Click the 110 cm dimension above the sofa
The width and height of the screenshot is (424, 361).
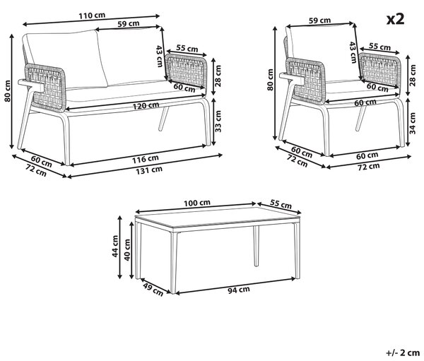coord(92,16)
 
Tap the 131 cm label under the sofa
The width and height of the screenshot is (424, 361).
coord(149,170)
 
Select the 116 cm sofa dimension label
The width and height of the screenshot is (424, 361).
coord(145,159)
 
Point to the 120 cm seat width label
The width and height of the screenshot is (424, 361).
coord(146,106)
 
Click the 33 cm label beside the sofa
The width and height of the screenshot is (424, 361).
coord(218,122)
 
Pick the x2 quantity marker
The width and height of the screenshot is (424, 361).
coord(395,19)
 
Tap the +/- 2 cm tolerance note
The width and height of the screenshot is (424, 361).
coord(403,353)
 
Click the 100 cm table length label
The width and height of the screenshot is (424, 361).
coord(197,203)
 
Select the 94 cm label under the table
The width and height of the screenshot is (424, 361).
coord(239,290)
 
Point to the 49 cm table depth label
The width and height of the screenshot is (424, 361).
coord(153,289)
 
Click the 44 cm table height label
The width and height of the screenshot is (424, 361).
coord(115,246)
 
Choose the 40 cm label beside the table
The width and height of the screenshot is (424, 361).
coord(126,250)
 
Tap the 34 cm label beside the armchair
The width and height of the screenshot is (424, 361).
coord(413,124)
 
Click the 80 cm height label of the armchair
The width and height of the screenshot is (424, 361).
coord(270,80)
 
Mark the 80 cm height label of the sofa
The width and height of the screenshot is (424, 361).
coord(8,91)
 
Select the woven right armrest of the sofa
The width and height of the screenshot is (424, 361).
coord(186,71)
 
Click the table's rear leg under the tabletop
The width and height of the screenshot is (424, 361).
coord(256,246)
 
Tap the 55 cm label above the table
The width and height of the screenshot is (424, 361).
coord(281,203)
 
